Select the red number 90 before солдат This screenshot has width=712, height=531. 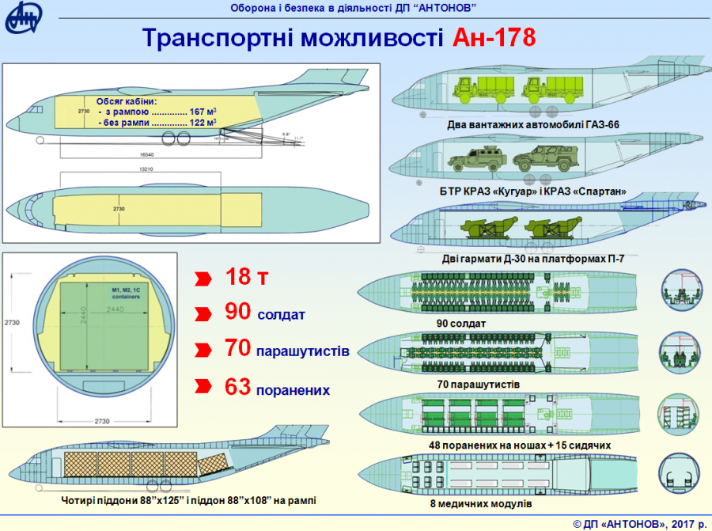[238, 312]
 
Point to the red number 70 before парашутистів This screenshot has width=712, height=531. [238, 348]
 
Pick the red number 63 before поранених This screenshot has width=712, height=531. [238, 386]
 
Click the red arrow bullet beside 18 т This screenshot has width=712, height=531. [203, 279]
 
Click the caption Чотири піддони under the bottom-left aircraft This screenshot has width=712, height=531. [193, 500]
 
